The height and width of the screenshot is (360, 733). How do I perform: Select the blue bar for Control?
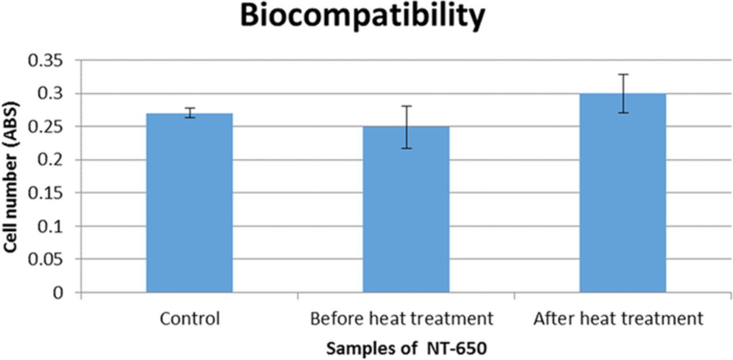(190, 203)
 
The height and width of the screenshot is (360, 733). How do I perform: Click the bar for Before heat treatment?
(406, 209)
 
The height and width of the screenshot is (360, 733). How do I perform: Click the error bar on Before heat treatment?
(406, 127)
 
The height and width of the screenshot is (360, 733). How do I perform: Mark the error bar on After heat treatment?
(623, 93)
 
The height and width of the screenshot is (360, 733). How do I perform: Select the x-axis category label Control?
(190, 319)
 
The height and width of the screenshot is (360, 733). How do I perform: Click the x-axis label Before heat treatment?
(401, 319)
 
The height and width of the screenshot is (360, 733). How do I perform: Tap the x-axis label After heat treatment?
(618, 319)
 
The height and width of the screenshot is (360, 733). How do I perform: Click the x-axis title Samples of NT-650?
(406, 347)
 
